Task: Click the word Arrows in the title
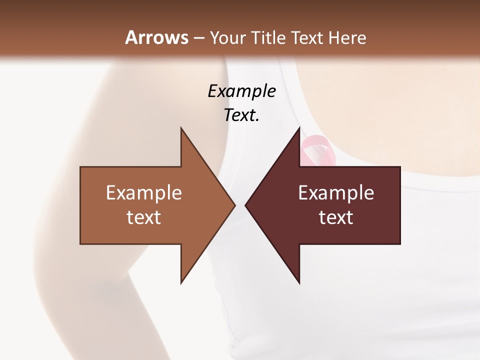pos(156,37)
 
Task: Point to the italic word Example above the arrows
pos(241,91)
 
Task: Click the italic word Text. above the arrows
pos(241,115)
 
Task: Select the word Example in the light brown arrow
pos(144,193)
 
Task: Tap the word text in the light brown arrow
pos(144,217)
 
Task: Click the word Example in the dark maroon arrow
pos(336,193)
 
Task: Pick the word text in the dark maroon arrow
pos(336,217)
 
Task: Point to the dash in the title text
pos(199,38)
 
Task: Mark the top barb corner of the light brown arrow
pos(181,128)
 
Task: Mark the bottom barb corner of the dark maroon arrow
pos(299,283)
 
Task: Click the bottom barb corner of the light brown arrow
pos(181,283)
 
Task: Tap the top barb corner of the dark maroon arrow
pos(299,128)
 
